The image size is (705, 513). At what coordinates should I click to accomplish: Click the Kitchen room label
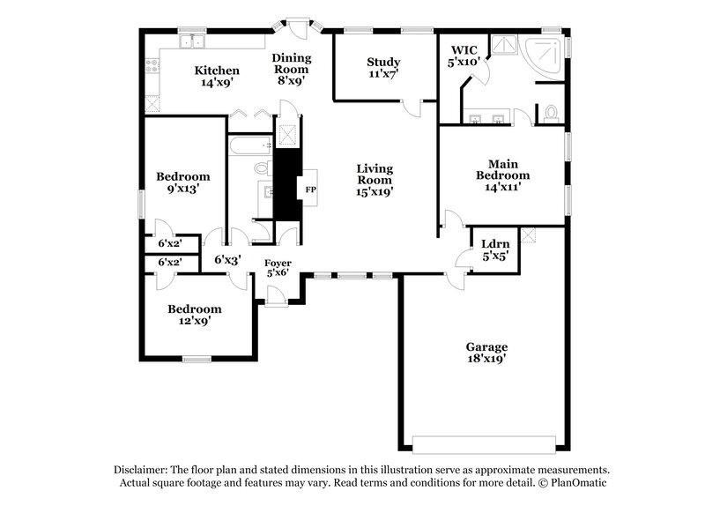click(217, 77)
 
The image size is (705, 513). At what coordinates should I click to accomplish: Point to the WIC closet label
click(464, 56)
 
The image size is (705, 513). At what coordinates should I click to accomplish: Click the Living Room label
click(375, 179)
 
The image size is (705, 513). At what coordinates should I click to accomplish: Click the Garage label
click(486, 353)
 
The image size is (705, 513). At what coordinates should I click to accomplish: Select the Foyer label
click(278, 268)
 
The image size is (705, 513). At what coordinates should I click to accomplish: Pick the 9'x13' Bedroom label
click(182, 182)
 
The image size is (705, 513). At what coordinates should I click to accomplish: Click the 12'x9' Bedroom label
click(195, 315)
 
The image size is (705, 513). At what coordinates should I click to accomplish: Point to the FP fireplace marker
click(310, 190)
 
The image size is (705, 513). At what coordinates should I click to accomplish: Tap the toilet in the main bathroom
click(550, 113)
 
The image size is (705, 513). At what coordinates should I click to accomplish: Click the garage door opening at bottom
click(486, 443)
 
